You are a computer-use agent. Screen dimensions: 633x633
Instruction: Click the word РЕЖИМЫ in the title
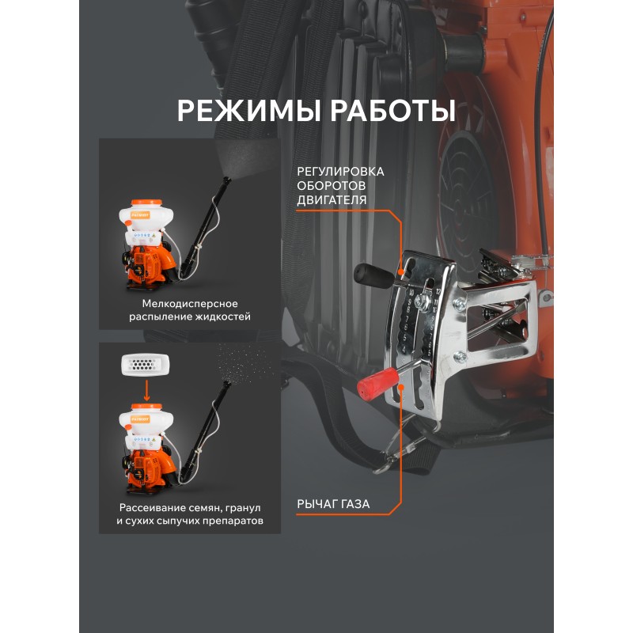point(250,110)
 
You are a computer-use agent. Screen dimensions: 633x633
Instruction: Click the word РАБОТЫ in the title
point(393,110)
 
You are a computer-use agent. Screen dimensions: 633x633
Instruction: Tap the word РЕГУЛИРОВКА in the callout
point(340,172)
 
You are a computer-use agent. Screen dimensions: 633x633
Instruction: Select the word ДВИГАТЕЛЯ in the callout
point(332,200)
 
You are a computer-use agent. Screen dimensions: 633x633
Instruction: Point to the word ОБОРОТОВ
point(332,186)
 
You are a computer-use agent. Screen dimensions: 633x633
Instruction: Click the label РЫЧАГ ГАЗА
point(333,504)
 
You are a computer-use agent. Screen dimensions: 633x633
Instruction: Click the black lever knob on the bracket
point(373,275)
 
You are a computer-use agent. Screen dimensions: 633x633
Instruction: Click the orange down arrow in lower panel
point(147,389)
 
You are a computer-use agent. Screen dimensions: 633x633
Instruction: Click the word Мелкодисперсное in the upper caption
point(190,304)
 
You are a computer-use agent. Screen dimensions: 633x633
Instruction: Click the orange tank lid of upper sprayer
point(146,203)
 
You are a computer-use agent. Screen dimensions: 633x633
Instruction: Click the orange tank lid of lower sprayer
point(146,407)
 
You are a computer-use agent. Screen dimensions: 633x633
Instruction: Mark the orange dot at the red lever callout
point(401,387)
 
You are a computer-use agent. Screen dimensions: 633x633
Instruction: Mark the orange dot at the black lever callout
point(401,271)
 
